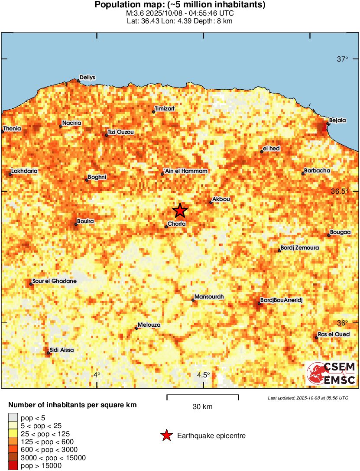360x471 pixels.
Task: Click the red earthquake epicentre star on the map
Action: pos(180,211)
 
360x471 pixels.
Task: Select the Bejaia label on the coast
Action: pos(337,120)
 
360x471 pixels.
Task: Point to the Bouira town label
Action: pos(85,221)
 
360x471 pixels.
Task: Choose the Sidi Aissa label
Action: pos(62,350)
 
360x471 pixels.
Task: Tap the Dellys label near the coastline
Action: pos(88,78)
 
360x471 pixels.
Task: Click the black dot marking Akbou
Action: pos(211,202)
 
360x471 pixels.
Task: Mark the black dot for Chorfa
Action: pos(166,227)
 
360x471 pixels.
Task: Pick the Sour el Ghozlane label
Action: pos(55,281)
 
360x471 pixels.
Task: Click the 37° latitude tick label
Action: pos(343,59)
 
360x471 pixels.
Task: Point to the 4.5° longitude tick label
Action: pos(203,375)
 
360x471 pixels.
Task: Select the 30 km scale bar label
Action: pos(202,407)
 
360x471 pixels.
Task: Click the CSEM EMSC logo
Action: pos(331,374)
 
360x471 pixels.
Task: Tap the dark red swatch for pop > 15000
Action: pos(13,466)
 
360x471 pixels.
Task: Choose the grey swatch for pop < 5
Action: pos(13,418)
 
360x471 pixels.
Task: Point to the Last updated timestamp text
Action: pos(308,398)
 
